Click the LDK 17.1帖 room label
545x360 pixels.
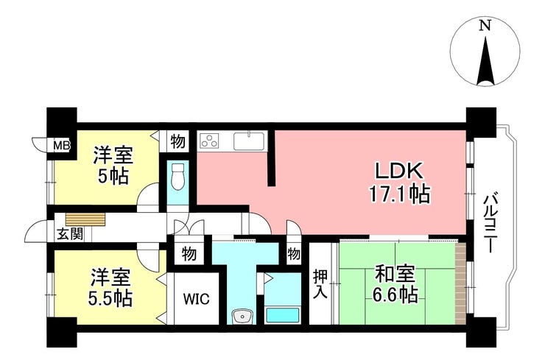pyautogui.click(x=399, y=182)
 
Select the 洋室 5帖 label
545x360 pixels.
pyautogui.click(x=113, y=166)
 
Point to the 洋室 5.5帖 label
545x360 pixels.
pyautogui.click(x=110, y=287)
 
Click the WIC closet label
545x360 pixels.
pyautogui.click(x=197, y=298)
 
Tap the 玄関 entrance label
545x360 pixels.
pyautogui.click(x=70, y=235)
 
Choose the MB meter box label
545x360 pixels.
pyautogui.click(x=62, y=144)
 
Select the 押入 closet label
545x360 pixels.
pyautogui.click(x=320, y=284)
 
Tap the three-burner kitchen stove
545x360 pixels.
pyautogui.click(x=210, y=141)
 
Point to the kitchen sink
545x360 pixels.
pyautogui.click(x=249, y=141)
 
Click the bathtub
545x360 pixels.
pyautogui.click(x=283, y=315)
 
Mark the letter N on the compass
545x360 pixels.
pyautogui.click(x=485, y=26)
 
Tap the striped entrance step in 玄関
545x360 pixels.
pyautogui.click(x=85, y=219)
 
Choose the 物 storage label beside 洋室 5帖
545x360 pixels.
pyautogui.click(x=177, y=141)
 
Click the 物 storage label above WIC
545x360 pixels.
pyautogui.click(x=189, y=255)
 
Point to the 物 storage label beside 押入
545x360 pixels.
pyautogui.click(x=294, y=254)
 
